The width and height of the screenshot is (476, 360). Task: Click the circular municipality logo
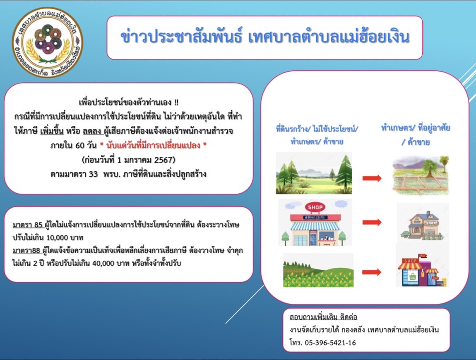click(47, 43)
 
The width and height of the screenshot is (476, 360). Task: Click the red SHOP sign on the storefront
click(315, 207)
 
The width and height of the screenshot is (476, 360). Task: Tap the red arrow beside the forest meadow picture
click(372, 178)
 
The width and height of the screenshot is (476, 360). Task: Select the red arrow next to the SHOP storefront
click(372, 223)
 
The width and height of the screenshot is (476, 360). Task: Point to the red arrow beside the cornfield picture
click(372, 272)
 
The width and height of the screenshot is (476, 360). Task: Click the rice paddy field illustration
click(421, 175)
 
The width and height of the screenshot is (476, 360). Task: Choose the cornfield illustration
click(318, 270)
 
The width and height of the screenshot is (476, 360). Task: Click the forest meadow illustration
click(314, 173)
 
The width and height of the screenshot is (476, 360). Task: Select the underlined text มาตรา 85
click(28, 225)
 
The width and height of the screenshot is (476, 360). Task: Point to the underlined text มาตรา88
click(26, 250)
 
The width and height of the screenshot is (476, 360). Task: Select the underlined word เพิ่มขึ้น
click(52, 131)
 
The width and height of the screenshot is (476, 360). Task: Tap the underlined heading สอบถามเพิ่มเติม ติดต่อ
click(323, 317)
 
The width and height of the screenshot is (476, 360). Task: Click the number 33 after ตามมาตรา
click(94, 174)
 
